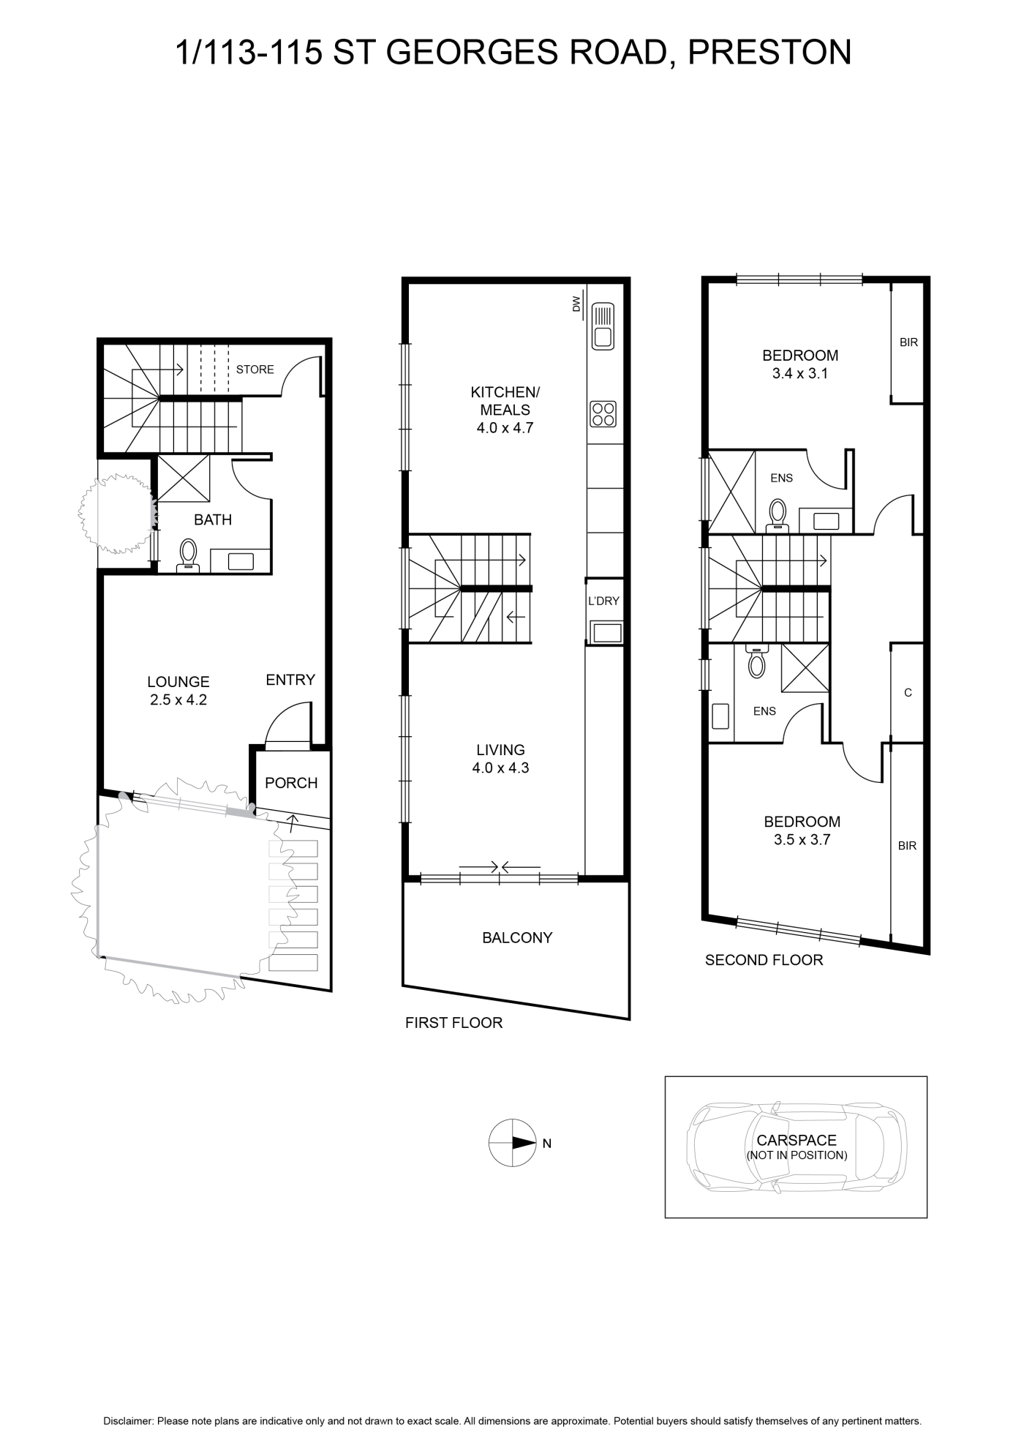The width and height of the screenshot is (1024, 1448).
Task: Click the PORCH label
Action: tap(291, 783)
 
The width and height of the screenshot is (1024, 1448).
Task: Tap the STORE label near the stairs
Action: tap(255, 369)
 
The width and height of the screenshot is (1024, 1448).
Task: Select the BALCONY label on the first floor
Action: tap(517, 937)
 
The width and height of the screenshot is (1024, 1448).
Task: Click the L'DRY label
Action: tap(603, 601)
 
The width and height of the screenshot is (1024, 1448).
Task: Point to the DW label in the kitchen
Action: tap(576, 304)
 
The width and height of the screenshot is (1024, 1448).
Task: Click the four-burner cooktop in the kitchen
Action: tap(603, 413)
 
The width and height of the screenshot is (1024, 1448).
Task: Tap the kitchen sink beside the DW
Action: tap(603, 326)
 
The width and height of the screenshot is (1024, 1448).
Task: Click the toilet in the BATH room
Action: tap(189, 555)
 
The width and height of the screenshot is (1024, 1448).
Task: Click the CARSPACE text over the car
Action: tap(797, 1140)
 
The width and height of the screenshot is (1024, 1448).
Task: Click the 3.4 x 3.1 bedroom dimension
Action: tap(800, 373)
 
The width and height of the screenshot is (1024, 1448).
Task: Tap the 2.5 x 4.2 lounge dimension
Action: tap(178, 699)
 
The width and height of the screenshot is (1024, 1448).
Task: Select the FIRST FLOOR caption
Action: tap(454, 1023)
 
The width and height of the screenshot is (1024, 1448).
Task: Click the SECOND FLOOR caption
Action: tap(764, 960)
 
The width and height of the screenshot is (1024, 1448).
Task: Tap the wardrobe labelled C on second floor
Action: tap(908, 692)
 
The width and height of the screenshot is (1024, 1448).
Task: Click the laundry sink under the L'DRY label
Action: tap(606, 632)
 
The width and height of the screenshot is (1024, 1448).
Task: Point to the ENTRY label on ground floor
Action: tap(290, 680)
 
